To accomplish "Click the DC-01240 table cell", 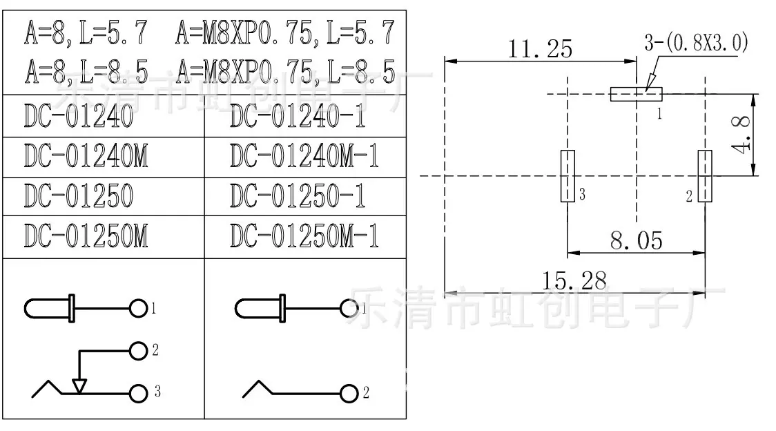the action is coord(104,116).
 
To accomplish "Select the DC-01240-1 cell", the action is coord(305,116).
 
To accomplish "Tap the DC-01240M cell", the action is coord(104,157).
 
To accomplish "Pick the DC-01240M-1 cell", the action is coord(305,157).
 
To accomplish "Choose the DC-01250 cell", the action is coord(104,196).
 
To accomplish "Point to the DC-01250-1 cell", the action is coord(305,196).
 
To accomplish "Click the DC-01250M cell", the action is coord(104,237).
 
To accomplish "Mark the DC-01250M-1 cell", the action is coord(305,237).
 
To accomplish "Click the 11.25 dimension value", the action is coord(540,48).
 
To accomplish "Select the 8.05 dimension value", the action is coord(636,241).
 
